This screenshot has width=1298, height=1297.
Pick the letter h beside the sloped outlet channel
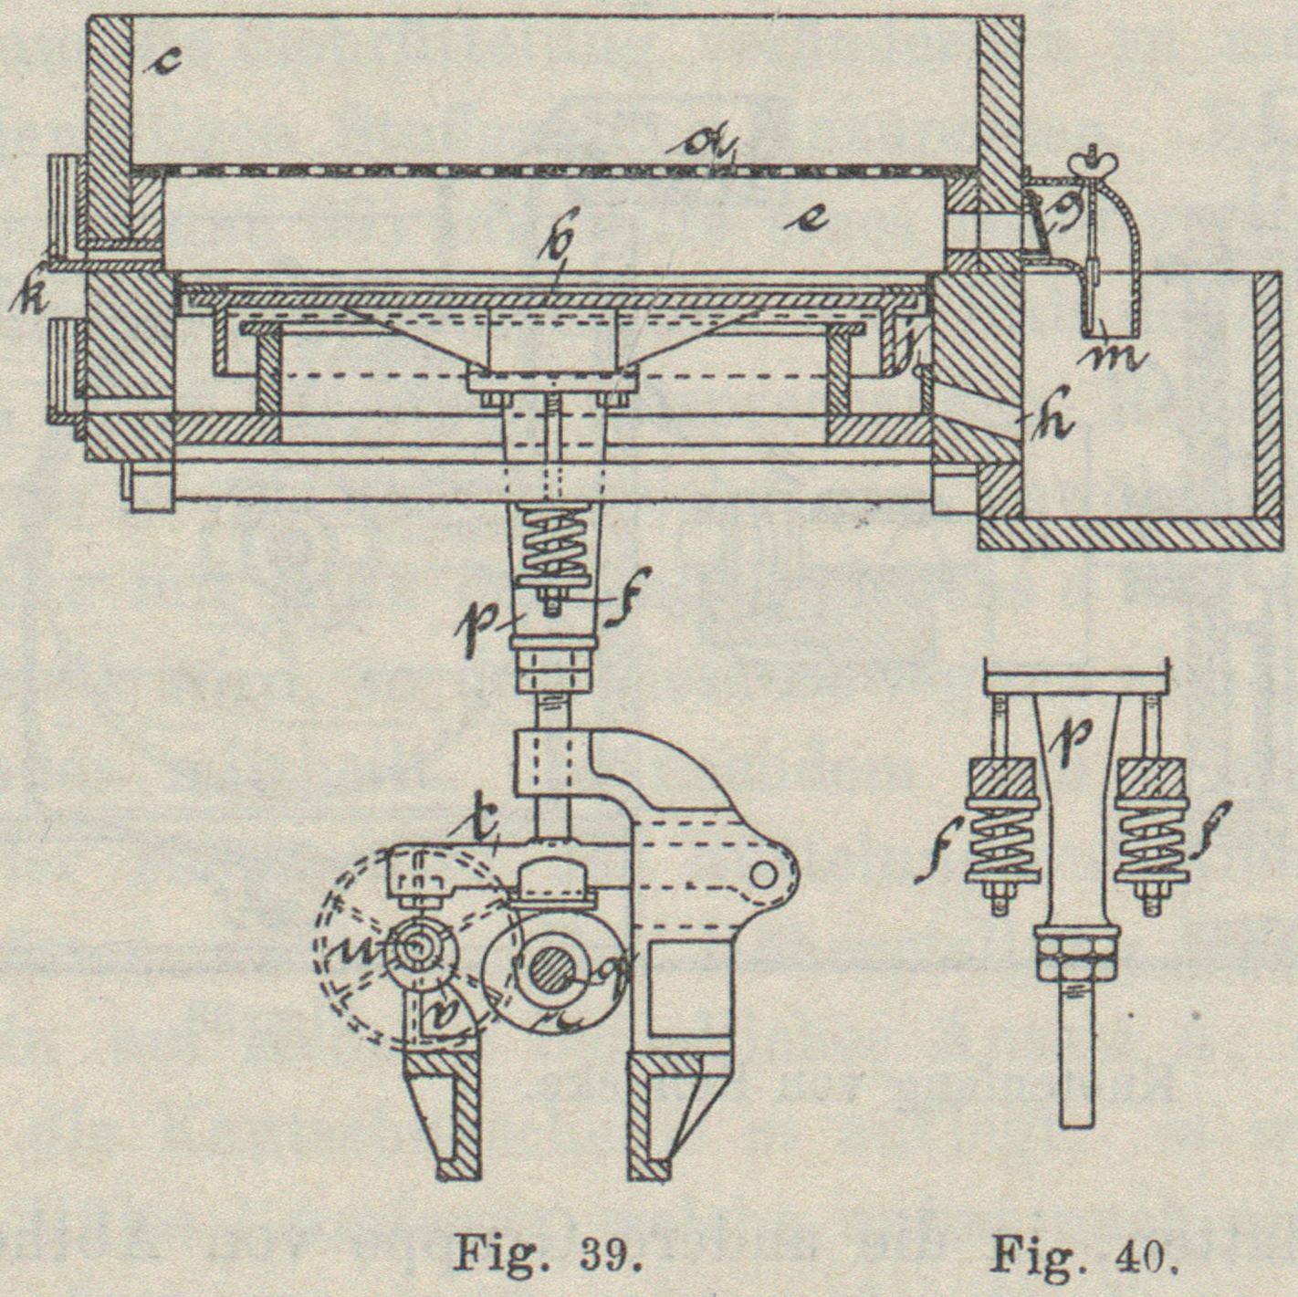(x=1056, y=424)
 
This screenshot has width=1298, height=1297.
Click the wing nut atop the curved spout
(x=1091, y=163)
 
